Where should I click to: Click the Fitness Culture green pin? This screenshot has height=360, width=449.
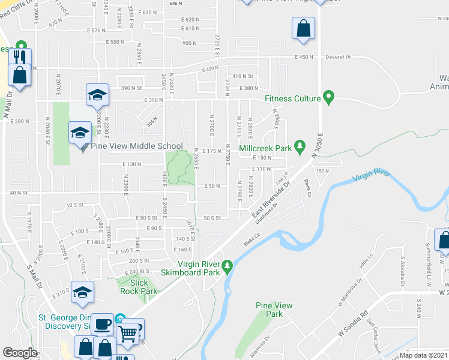coord(328,97)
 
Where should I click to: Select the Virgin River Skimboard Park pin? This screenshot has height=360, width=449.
coord(227,265)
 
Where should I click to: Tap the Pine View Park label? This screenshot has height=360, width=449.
coord(274,310)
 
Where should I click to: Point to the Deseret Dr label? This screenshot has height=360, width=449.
coord(339,57)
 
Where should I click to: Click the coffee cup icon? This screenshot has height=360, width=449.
coord(102,323)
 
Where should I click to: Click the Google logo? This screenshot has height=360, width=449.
coord(20,353)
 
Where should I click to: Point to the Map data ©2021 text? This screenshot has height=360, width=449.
coord(423,355)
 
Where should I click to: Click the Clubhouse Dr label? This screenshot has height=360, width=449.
coord(266,214)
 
